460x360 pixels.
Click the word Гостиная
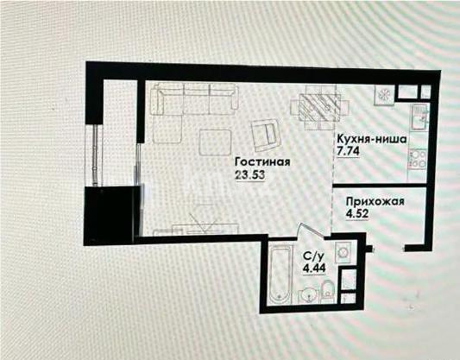pos(261,161)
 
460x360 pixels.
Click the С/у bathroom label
pos(313,256)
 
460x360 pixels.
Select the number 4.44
pos(313,268)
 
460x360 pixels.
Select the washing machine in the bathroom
pos(342,253)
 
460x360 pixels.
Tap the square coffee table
pos(215,142)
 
